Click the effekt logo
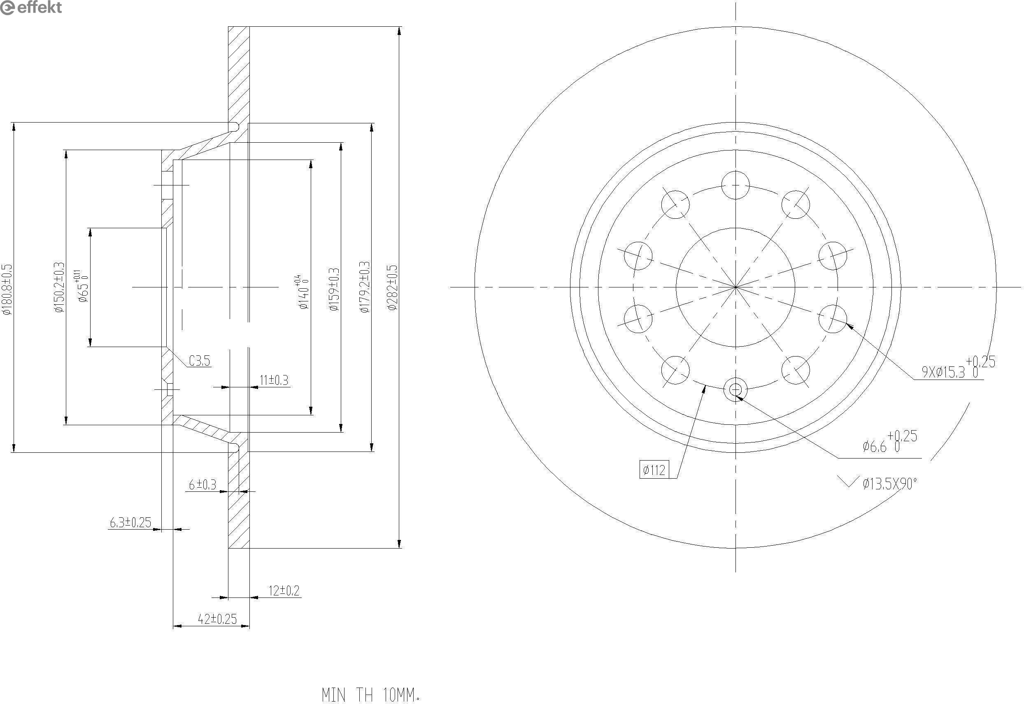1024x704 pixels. coord(31,7)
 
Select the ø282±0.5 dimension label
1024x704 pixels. coord(392,287)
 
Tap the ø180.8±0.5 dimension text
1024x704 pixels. coord(7,289)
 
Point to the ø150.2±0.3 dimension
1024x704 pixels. coord(59,287)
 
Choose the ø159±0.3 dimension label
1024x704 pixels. coord(334,289)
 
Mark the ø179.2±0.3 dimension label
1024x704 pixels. coord(365,287)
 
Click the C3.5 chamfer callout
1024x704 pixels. coord(200,361)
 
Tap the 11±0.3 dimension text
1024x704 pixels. coord(274,380)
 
